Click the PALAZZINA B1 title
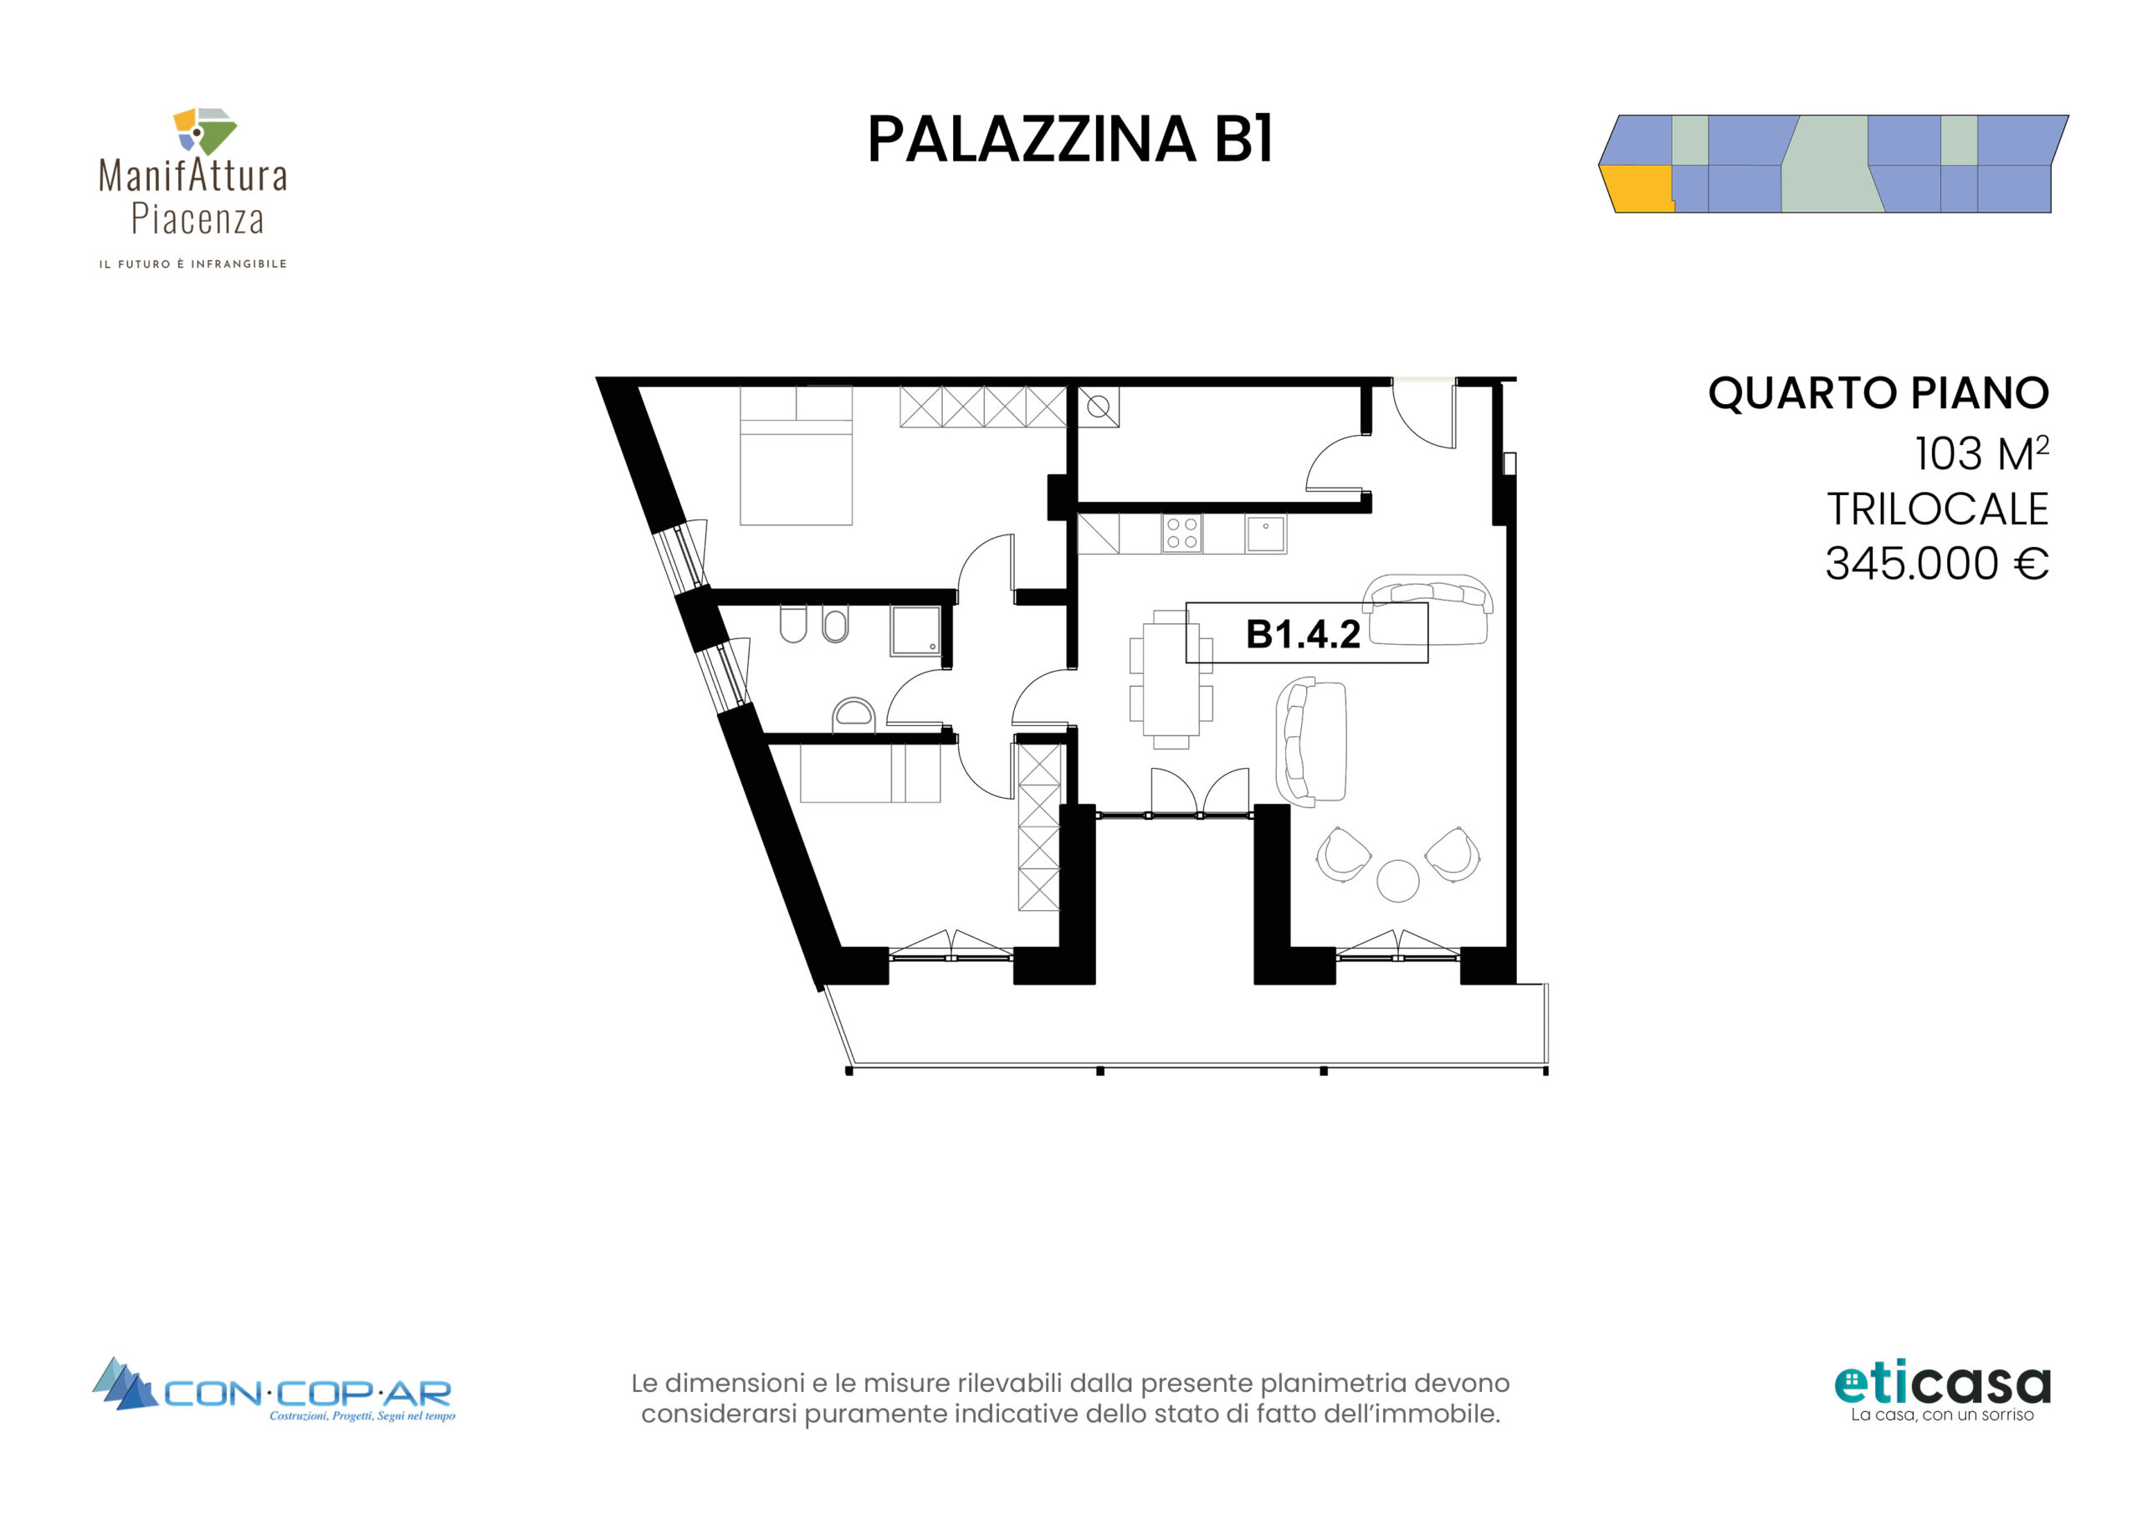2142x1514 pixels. [1070, 140]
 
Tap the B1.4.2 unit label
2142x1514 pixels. [1303, 634]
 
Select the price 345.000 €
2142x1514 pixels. [1937, 564]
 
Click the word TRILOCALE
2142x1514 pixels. [1937, 509]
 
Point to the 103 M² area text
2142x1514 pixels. [1981, 453]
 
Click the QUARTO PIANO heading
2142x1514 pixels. [1878, 394]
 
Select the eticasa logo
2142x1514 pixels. [1941, 1393]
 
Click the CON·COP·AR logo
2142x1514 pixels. [273, 1389]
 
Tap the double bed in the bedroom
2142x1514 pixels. [796, 455]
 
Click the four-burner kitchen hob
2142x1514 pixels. [1182, 535]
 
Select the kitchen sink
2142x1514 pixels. [1265, 535]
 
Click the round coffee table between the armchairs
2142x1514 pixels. [1397, 880]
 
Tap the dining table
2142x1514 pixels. [1171, 679]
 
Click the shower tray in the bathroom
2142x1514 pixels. [916, 632]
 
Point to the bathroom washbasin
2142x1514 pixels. [853, 714]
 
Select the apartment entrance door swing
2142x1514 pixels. [1423, 414]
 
